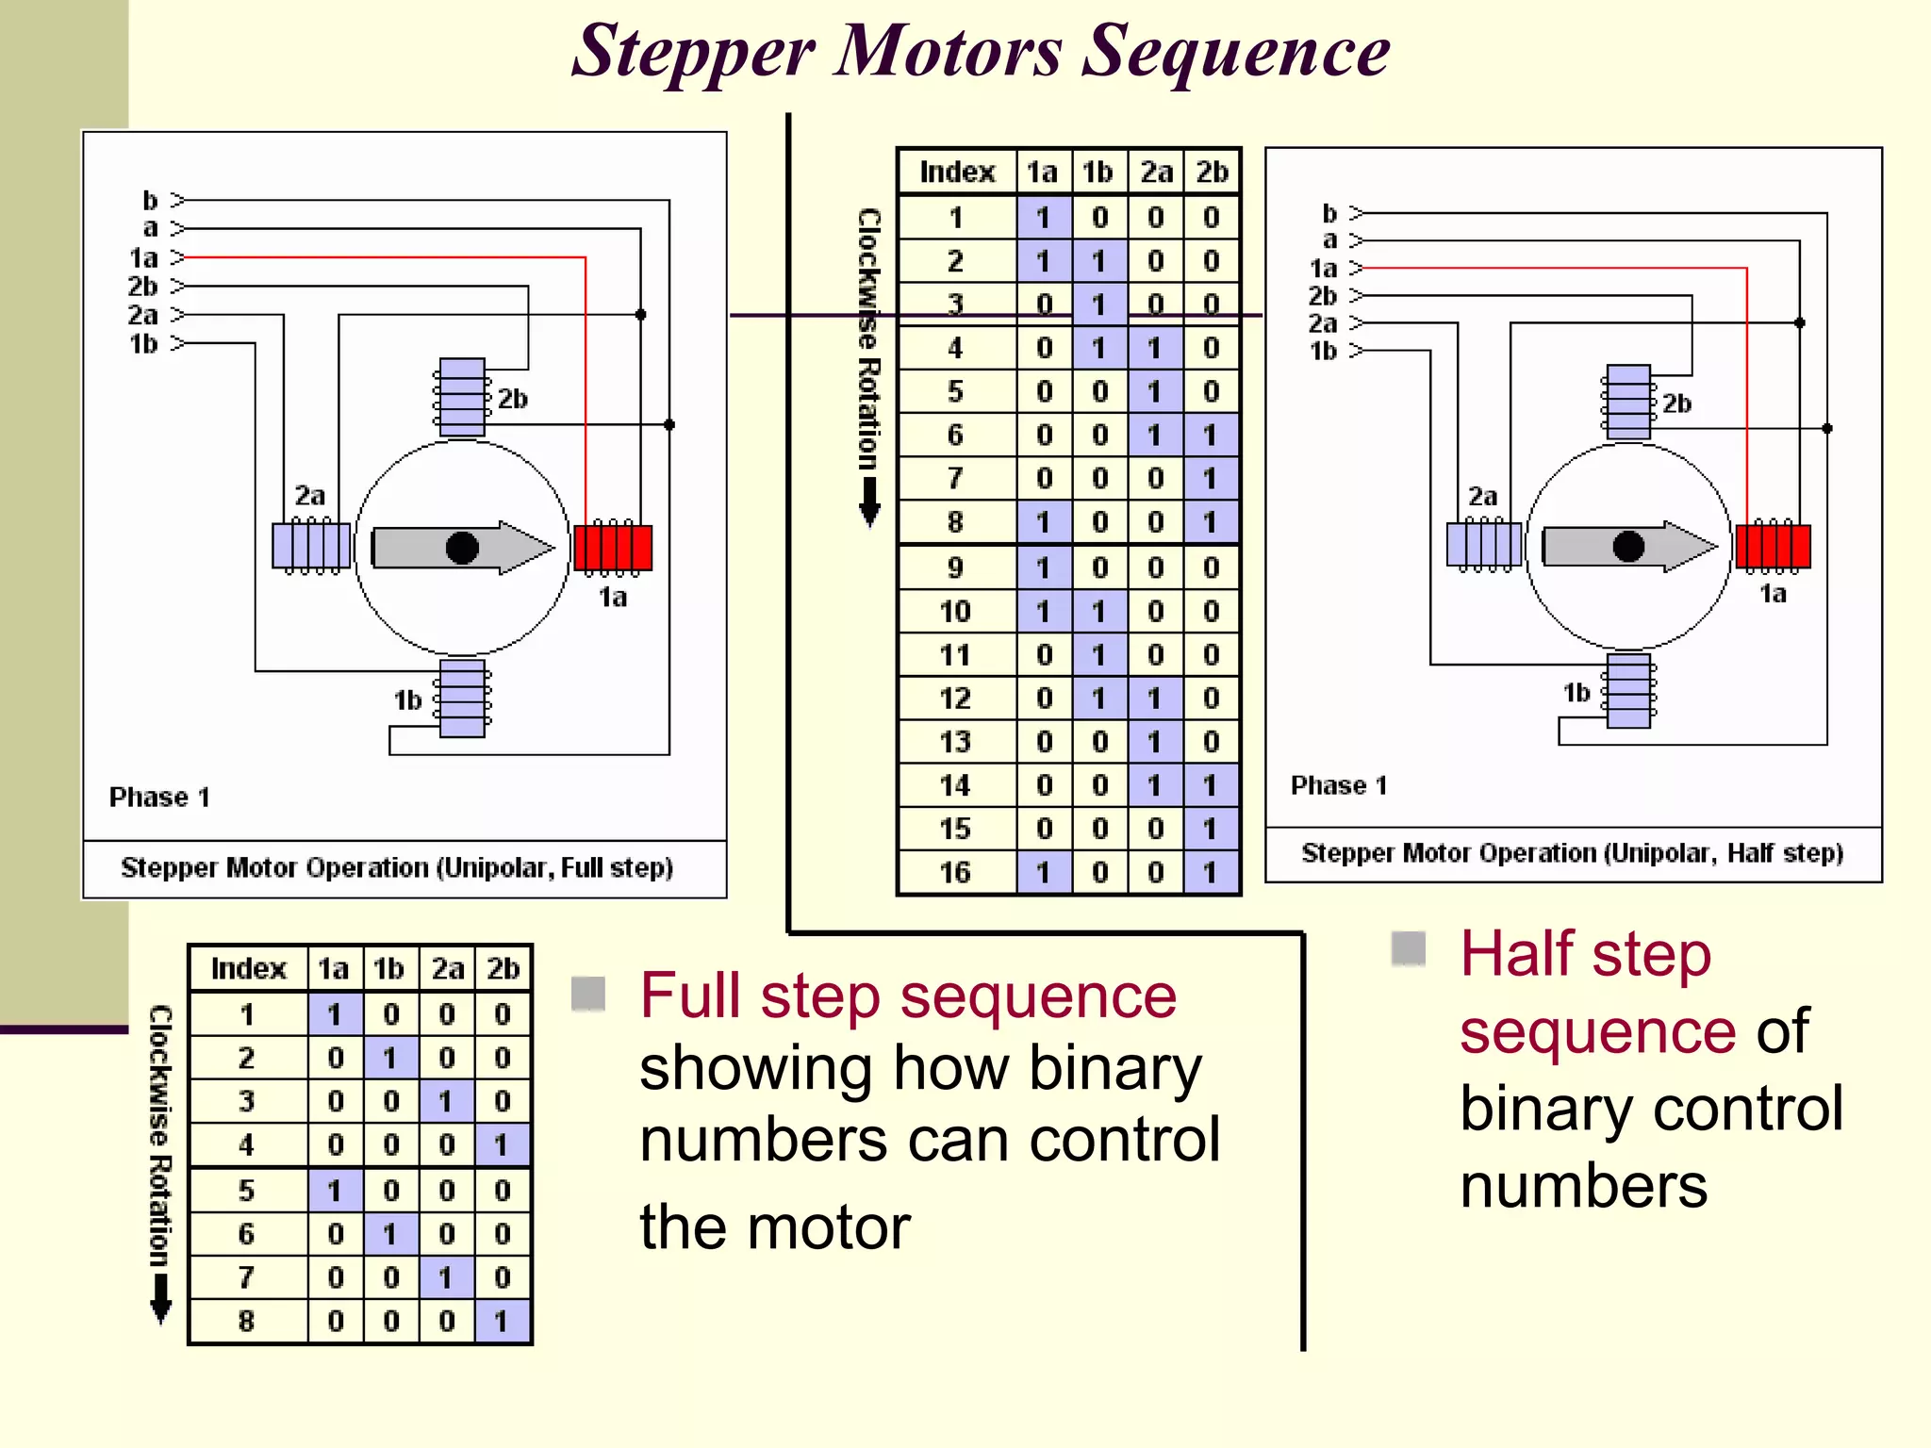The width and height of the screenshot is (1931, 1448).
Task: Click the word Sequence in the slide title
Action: (x=1235, y=52)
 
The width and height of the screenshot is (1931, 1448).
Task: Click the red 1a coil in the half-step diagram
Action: (x=1773, y=545)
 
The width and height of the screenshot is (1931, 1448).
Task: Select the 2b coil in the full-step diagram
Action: (x=462, y=397)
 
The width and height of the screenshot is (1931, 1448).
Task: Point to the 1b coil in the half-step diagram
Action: (x=1628, y=691)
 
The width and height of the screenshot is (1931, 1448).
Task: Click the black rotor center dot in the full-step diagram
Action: (x=462, y=547)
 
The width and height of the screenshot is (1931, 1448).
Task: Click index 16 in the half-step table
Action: (x=955, y=872)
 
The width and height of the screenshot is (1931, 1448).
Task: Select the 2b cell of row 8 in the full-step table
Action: (x=503, y=1321)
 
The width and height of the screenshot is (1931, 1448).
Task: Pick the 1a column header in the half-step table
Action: (x=1042, y=172)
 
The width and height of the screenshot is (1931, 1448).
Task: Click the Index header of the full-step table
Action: (x=248, y=968)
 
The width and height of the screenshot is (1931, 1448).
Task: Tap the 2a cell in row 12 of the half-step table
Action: (x=1155, y=699)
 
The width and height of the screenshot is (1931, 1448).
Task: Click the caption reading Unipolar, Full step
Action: (x=396, y=867)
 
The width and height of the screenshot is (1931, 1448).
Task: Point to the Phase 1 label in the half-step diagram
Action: (x=1338, y=785)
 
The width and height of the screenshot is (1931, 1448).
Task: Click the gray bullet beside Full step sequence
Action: (x=588, y=993)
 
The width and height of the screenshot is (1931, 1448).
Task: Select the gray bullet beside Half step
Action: (x=1409, y=948)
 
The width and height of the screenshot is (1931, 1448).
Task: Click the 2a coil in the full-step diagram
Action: (x=311, y=546)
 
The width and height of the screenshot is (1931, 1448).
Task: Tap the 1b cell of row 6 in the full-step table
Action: (x=390, y=1234)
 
